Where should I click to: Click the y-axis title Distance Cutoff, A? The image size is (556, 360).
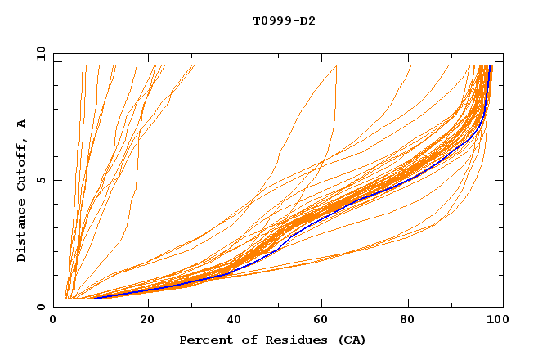point(21,190)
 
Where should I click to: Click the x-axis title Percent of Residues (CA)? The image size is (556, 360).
point(272,340)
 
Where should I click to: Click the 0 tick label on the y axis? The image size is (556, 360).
point(40,308)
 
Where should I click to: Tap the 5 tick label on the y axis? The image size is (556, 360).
point(40,181)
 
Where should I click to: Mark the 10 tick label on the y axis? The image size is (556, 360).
point(37,54)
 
